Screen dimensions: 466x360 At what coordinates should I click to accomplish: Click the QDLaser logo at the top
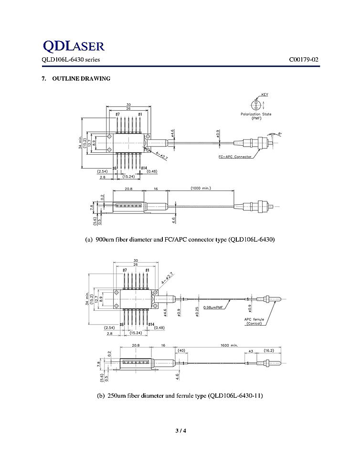pyautogui.click(x=73, y=46)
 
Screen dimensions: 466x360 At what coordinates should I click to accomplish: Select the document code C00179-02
pyautogui.click(x=303, y=60)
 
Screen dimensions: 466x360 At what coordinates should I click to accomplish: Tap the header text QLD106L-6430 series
pyautogui.click(x=70, y=60)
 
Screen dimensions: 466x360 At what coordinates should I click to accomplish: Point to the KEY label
pyautogui.click(x=264, y=95)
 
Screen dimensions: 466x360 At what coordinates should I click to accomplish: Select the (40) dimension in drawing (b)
pyautogui.click(x=181, y=350)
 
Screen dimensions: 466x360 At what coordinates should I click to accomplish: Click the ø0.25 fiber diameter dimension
pyautogui.click(x=197, y=312)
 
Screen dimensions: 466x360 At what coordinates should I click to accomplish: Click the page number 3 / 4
pyautogui.click(x=180, y=431)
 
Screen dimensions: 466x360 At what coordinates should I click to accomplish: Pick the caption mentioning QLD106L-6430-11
pyautogui.click(x=180, y=396)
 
